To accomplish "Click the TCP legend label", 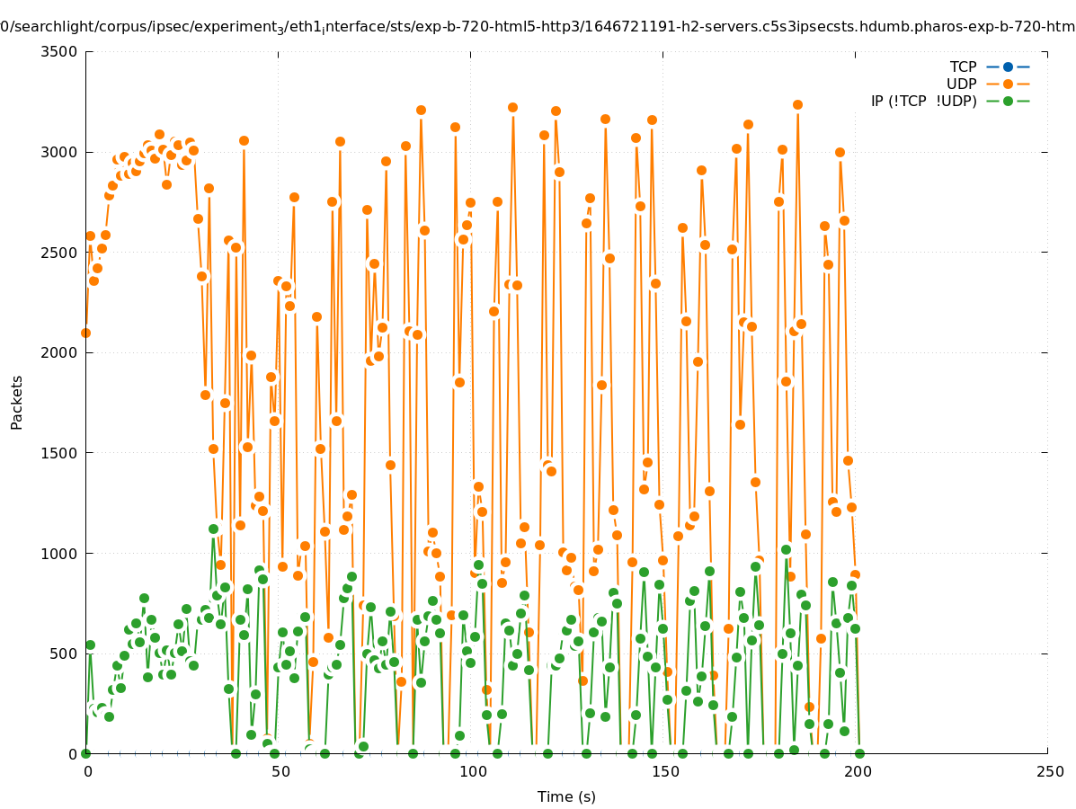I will coord(963,67).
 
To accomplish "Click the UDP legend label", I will coord(961,84).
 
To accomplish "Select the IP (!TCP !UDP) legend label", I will coord(923,101).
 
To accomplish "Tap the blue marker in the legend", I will coord(1008,67).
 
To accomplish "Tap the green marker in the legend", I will coord(1008,101).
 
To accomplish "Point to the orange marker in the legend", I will coord(1008,84).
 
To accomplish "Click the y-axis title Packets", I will coord(17,402).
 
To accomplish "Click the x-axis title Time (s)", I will coord(566,796).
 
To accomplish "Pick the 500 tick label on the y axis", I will coord(63,653).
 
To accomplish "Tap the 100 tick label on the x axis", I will coord(471,771).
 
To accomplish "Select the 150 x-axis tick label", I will coord(663,771).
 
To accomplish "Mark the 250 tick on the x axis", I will coord(1049,771).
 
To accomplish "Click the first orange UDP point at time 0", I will coord(85,333).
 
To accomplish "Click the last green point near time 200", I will coord(859,753).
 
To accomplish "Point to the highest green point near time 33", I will coord(213,529).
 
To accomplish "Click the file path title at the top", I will coord(538,27).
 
